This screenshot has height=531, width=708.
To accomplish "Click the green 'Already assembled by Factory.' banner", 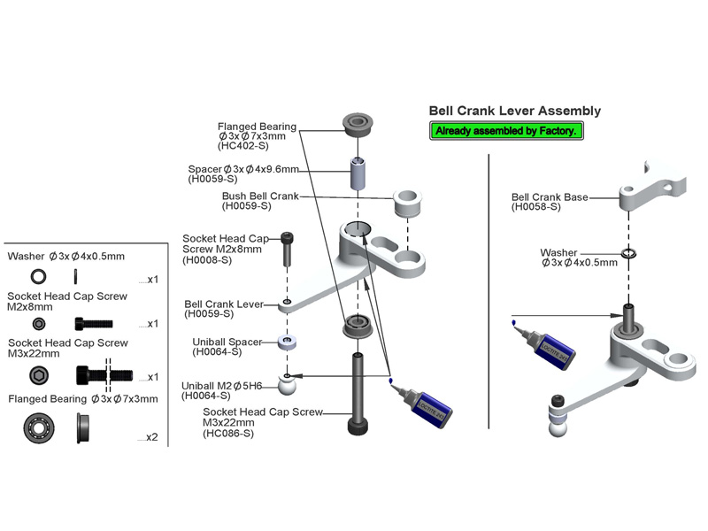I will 505,131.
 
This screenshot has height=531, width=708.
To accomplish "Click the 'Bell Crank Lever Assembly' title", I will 514,112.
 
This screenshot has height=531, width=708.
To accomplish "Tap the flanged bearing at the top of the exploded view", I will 359,123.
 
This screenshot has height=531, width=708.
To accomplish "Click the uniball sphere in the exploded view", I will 288,383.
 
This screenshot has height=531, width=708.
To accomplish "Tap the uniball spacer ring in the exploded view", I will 288,342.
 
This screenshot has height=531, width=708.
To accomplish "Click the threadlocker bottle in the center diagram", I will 428,406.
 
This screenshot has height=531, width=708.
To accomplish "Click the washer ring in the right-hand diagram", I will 628,255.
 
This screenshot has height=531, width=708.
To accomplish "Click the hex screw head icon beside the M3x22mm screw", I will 39,375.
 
